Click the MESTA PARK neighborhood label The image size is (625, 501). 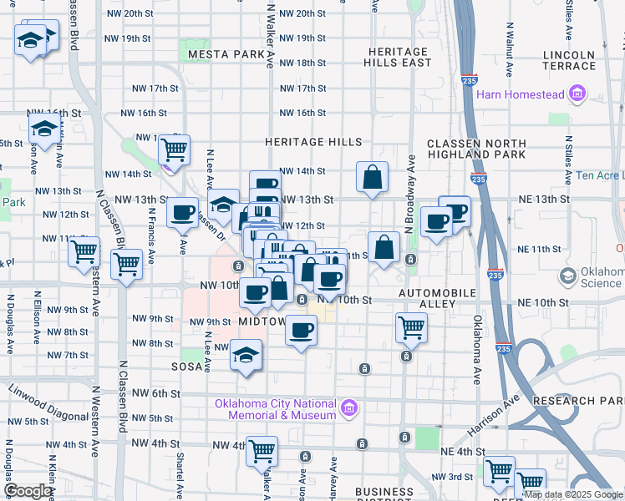[226, 54]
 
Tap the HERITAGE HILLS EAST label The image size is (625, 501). [399, 58]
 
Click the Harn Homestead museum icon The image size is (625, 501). [577, 94]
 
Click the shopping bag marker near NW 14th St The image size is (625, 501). [372, 177]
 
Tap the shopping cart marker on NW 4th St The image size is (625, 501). [262, 451]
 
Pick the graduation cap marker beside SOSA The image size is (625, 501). [246, 357]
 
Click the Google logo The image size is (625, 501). [28, 491]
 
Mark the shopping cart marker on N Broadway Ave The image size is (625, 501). [411, 328]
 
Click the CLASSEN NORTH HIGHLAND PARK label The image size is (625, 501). [475, 148]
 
